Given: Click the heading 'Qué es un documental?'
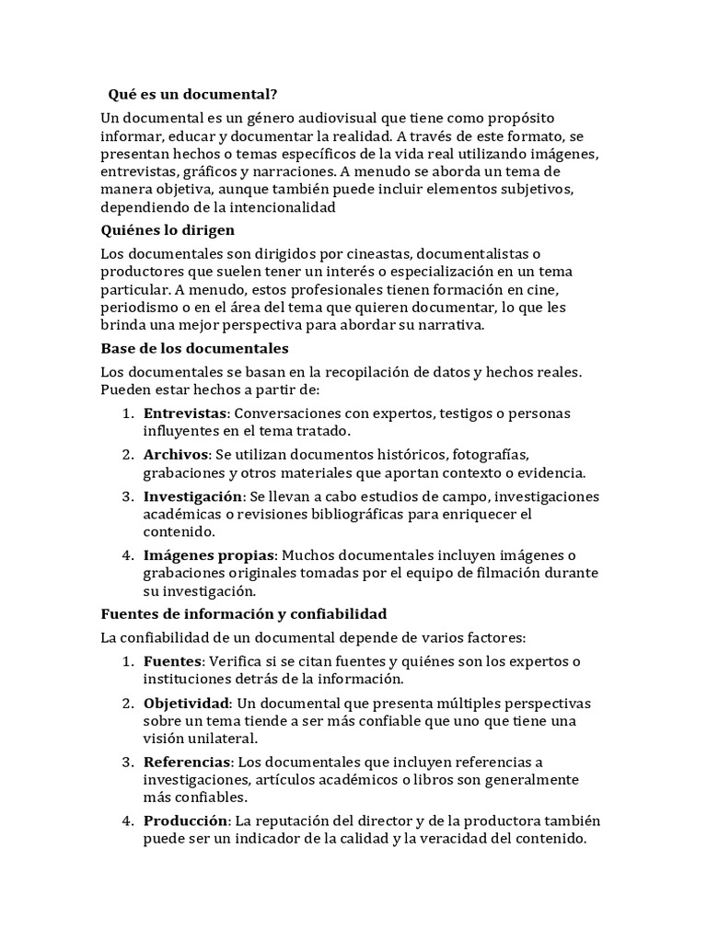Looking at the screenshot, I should click(x=192, y=94).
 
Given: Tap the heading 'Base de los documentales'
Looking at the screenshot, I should click(x=194, y=348).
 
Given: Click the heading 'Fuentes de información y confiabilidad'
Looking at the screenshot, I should click(x=243, y=613).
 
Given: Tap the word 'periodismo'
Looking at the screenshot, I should click(x=137, y=307).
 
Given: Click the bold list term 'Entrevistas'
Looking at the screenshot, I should click(x=185, y=413).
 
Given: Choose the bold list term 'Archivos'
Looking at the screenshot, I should click(x=176, y=455).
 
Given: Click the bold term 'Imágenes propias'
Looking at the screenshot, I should click(x=209, y=555).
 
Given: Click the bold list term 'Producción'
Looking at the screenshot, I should click(x=184, y=821).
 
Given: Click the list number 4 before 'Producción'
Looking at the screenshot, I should click(x=127, y=821).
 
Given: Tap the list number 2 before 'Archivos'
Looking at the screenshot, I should click(x=127, y=455).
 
